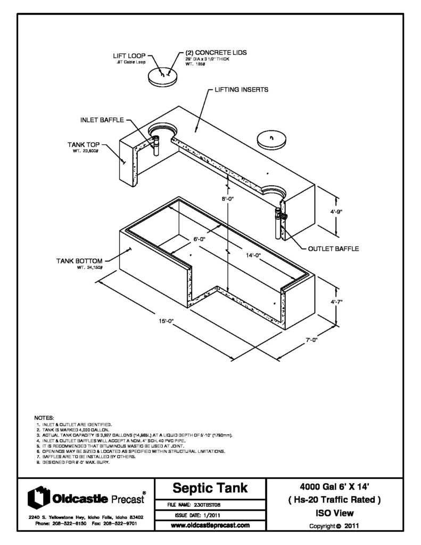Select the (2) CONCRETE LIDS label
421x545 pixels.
pos(216,53)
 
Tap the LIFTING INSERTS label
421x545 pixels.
pos(241,89)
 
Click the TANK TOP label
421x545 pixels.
pos(83,144)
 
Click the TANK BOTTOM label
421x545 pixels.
pos(79,261)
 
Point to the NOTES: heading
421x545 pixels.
pos(44,418)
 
